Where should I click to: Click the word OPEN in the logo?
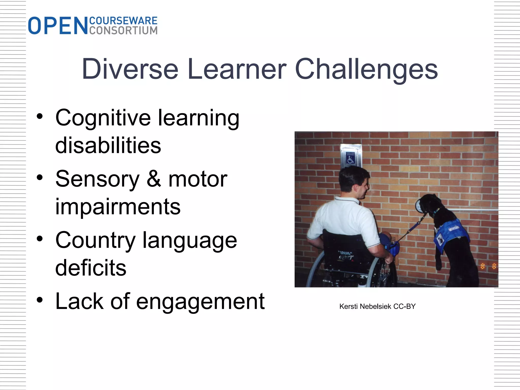click(x=58, y=26)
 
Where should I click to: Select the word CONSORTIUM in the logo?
click(x=123, y=30)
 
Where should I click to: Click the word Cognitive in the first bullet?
click(x=103, y=118)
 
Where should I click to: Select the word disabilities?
click(x=108, y=145)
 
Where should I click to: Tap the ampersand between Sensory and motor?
click(x=154, y=179)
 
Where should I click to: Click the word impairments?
click(x=118, y=207)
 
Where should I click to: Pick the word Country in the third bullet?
click(x=95, y=240)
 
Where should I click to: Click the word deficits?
click(x=91, y=268)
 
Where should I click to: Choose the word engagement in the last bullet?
click(x=200, y=302)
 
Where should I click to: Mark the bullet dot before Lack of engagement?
click(x=40, y=300)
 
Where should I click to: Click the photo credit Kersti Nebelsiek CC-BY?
click(x=377, y=306)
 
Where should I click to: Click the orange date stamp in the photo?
click(x=488, y=266)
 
